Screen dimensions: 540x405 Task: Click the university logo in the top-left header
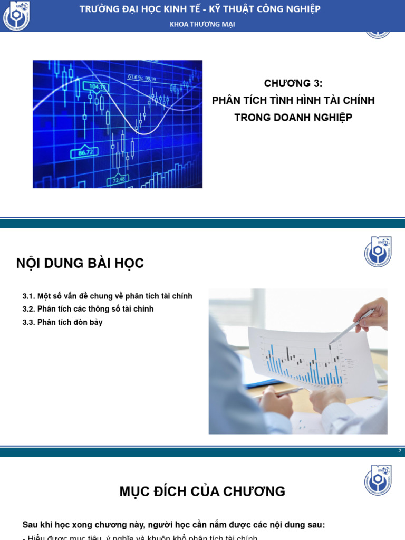point(16,16)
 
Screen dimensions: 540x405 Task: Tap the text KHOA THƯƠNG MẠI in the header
point(202,24)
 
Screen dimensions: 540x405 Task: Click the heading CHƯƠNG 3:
point(293,83)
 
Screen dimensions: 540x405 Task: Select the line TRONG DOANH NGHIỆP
point(293,118)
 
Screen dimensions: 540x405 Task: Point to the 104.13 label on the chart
point(99,87)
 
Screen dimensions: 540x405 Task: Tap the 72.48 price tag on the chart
point(117,180)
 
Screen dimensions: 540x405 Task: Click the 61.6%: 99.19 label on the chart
point(142,78)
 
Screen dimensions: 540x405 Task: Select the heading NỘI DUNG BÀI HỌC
point(80,263)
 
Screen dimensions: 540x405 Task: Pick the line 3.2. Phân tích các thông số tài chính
point(88,309)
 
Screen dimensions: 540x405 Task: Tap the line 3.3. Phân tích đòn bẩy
point(63,322)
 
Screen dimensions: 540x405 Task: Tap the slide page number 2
point(400,451)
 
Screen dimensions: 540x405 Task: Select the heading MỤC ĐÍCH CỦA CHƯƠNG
point(202,491)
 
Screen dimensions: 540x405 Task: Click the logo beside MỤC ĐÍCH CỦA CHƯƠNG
point(378,480)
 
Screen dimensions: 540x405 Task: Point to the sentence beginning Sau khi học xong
point(173,525)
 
